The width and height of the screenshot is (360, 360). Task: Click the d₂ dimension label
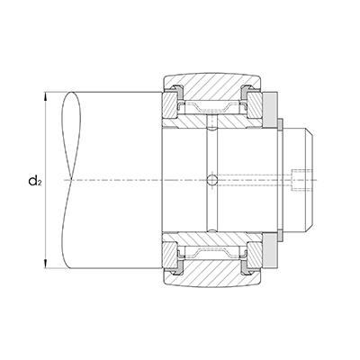(34, 181)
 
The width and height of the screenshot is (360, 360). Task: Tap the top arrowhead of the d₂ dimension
(45, 96)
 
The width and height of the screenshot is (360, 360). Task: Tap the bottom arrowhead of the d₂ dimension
(45, 265)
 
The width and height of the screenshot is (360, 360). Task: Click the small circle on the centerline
(212, 180)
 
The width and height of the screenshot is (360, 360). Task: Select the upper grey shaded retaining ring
(270, 110)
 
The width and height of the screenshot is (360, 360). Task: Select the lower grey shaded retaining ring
(270, 250)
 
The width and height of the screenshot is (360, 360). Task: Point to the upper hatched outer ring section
(212, 85)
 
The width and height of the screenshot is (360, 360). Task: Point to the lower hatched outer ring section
(212, 275)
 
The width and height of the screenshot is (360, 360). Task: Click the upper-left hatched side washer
(169, 105)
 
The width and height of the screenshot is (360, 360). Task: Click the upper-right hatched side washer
(255, 105)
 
